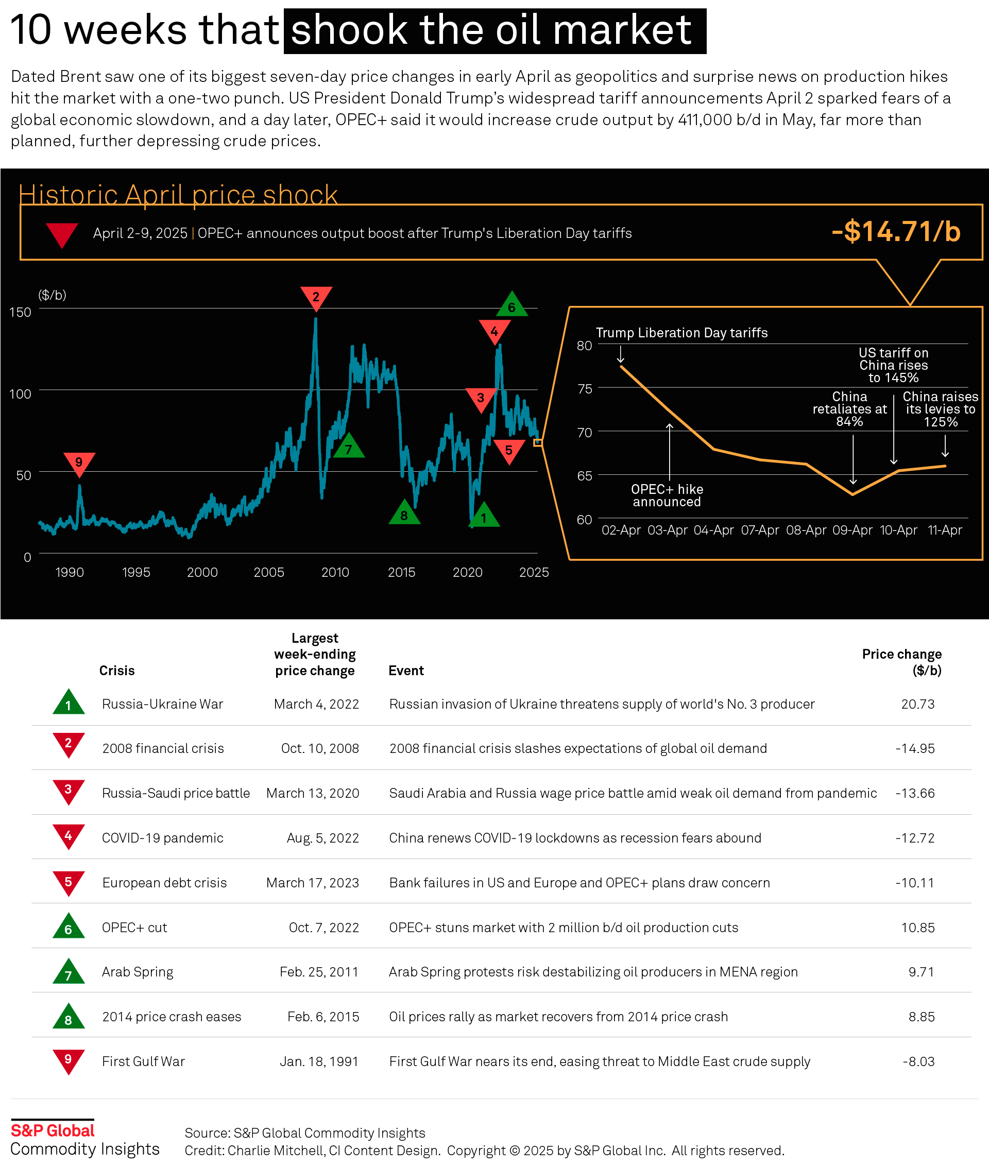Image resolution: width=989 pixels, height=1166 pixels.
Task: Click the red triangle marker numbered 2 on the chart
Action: pyautogui.click(x=316, y=297)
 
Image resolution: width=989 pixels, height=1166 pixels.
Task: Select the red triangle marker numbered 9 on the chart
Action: pyautogui.click(x=79, y=462)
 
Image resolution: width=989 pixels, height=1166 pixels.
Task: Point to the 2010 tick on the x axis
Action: pyautogui.click(x=335, y=572)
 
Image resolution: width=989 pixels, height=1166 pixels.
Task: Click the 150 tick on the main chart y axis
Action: pyautogui.click(x=21, y=312)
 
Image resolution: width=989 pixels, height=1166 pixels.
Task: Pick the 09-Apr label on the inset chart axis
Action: pyautogui.click(x=852, y=530)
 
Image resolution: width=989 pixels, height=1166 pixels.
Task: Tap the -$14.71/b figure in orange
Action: pyautogui.click(x=896, y=232)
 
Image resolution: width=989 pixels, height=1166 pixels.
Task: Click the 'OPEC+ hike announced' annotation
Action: pyautogui.click(x=667, y=495)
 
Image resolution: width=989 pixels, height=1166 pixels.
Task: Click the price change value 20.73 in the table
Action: pyautogui.click(x=918, y=704)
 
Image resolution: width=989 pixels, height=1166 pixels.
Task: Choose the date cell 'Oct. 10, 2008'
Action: pyautogui.click(x=319, y=748)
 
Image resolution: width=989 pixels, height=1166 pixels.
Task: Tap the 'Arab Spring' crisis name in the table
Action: pyautogui.click(x=138, y=972)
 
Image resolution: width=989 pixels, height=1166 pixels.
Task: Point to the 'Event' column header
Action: pyautogui.click(x=406, y=671)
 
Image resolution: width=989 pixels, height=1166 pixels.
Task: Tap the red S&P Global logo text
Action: pyautogui.click(x=53, y=1130)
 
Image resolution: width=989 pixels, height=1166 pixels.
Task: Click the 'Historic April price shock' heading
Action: pyautogui.click(x=178, y=195)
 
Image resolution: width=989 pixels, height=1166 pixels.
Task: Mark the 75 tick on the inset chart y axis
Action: pyautogui.click(x=585, y=388)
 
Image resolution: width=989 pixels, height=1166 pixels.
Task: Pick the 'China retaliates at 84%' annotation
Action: pyautogui.click(x=849, y=409)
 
